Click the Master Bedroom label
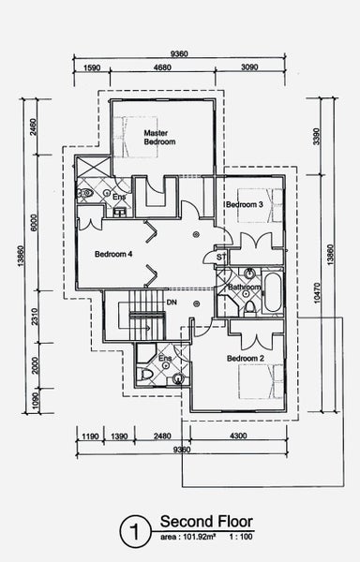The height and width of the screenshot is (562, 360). coord(159,138)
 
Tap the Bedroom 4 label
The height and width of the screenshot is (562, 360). coord(113,254)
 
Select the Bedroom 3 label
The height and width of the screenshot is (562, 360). coord(245,204)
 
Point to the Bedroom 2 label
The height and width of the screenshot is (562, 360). coord(246,359)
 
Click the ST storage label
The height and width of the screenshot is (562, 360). coord(221,257)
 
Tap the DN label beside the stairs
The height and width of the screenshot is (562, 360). coord(172,303)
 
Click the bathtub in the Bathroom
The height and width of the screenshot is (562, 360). coord(273,292)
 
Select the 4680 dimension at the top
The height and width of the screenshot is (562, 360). coord(162,67)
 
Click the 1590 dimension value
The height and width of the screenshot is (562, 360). coord(92,67)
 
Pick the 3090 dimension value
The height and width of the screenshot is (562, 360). coord(249,67)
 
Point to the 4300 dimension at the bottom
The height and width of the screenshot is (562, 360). coord(238,436)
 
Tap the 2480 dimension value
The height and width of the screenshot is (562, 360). coord(162,436)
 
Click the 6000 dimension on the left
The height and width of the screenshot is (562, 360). coord(34,223)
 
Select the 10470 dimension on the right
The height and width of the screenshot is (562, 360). coord(317,293)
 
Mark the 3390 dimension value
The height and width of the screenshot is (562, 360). coord(316,137)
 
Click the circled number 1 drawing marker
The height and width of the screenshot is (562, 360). coord(135,532)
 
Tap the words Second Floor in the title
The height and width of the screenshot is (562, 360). coord(206,522)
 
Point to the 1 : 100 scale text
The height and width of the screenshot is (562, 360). coord(241,537)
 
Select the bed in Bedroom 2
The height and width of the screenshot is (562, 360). coord(261,382)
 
